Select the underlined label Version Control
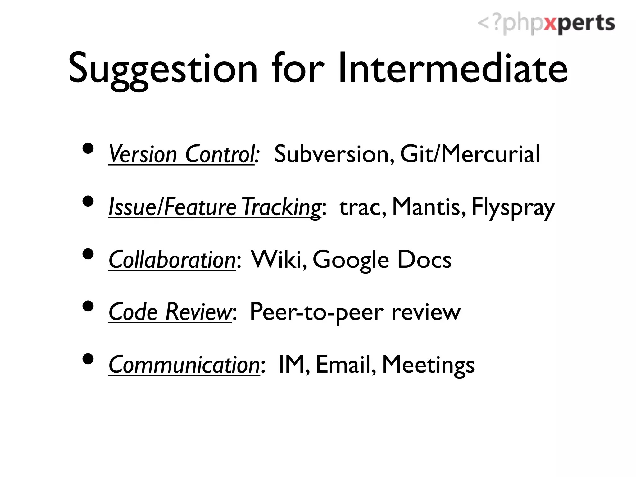(x=181, y=154)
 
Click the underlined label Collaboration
(x=172, y=260)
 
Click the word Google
(x=351, y=260)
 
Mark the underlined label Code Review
(x=170, y=312)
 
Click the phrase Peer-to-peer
(x=317, y=312)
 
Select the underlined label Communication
(x=184, y=365)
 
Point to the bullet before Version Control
(x=89, y=148)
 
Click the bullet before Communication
(x=89, y=359)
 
